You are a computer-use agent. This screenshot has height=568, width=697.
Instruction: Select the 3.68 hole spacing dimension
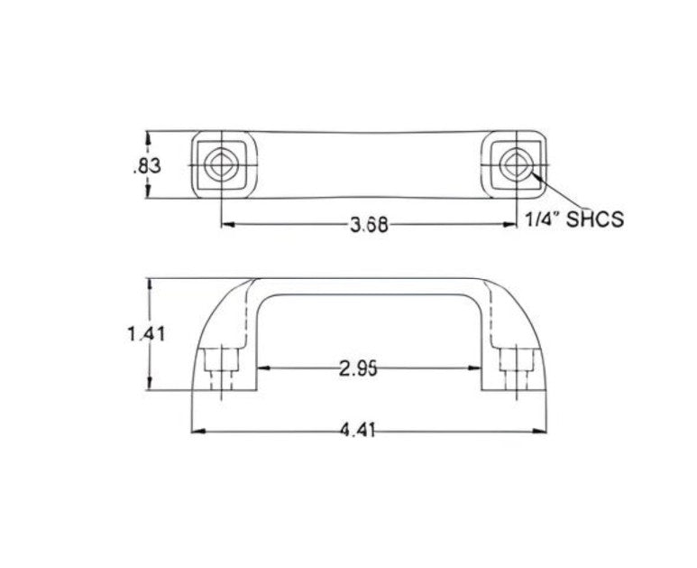(x=369, y=226)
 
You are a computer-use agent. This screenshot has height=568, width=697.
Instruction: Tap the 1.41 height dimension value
(x=143, y=334)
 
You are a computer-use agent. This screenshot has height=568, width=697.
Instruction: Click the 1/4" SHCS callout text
(x=574, y=219)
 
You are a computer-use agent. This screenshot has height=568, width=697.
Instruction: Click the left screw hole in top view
(x=222, y=166)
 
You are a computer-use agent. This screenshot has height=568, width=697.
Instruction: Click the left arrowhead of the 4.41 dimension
(x=197, y=431)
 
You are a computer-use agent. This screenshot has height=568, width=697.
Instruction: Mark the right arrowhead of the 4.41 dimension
(x=542, y=431)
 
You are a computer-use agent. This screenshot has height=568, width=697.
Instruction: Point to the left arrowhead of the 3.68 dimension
(x=227, y=225)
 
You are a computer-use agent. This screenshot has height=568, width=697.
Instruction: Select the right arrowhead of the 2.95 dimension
(x=475, y=368)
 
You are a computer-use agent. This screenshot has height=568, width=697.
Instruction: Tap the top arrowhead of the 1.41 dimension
(x=151, y=284)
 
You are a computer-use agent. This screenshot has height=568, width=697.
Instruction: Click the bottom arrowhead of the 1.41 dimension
(x=151, y=386)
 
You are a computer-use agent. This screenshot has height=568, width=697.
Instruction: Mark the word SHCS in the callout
(x=594, y=219)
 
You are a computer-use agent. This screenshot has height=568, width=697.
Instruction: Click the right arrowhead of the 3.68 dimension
(x=511, y=225)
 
